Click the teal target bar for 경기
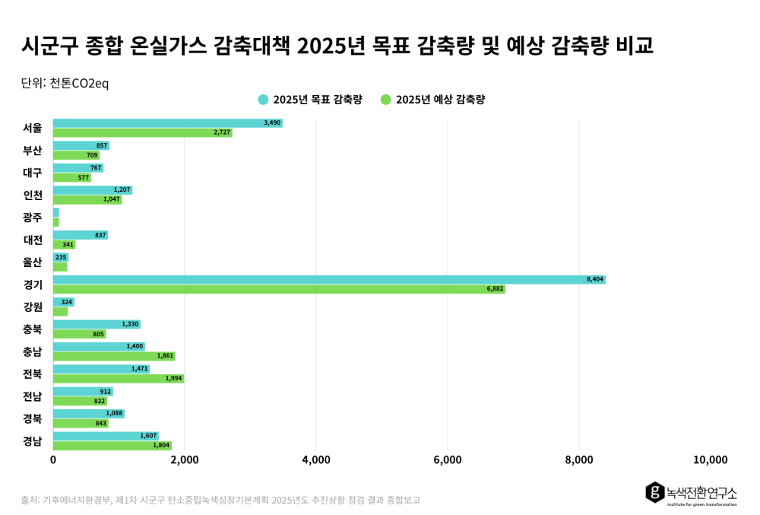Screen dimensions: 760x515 329,279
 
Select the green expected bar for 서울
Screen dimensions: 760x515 143,132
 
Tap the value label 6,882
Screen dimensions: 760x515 495,289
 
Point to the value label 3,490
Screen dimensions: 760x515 272,123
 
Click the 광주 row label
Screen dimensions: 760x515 33,218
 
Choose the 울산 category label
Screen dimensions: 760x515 33,262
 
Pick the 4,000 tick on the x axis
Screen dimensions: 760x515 316,459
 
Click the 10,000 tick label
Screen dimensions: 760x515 710,459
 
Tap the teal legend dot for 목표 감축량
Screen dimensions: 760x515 263,100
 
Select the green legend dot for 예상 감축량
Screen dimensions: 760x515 386,100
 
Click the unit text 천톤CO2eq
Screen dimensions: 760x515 80,84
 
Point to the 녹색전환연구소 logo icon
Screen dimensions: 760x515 655,492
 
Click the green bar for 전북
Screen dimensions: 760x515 119,378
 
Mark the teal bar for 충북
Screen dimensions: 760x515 97,324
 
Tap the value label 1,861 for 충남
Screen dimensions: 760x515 165,356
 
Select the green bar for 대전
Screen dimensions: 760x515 65,244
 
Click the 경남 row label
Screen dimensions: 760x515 33,440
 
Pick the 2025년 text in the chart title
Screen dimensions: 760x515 331,46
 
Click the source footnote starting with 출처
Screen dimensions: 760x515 220,500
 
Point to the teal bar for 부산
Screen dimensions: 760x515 81,145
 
